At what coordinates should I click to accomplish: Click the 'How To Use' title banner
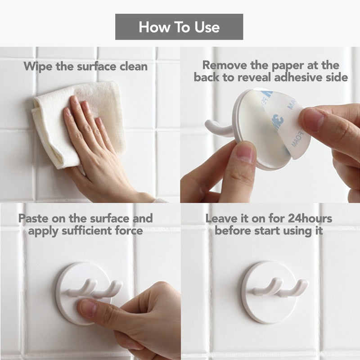(x=179, y=27)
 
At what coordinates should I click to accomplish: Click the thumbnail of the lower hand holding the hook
(x=245, y=153)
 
